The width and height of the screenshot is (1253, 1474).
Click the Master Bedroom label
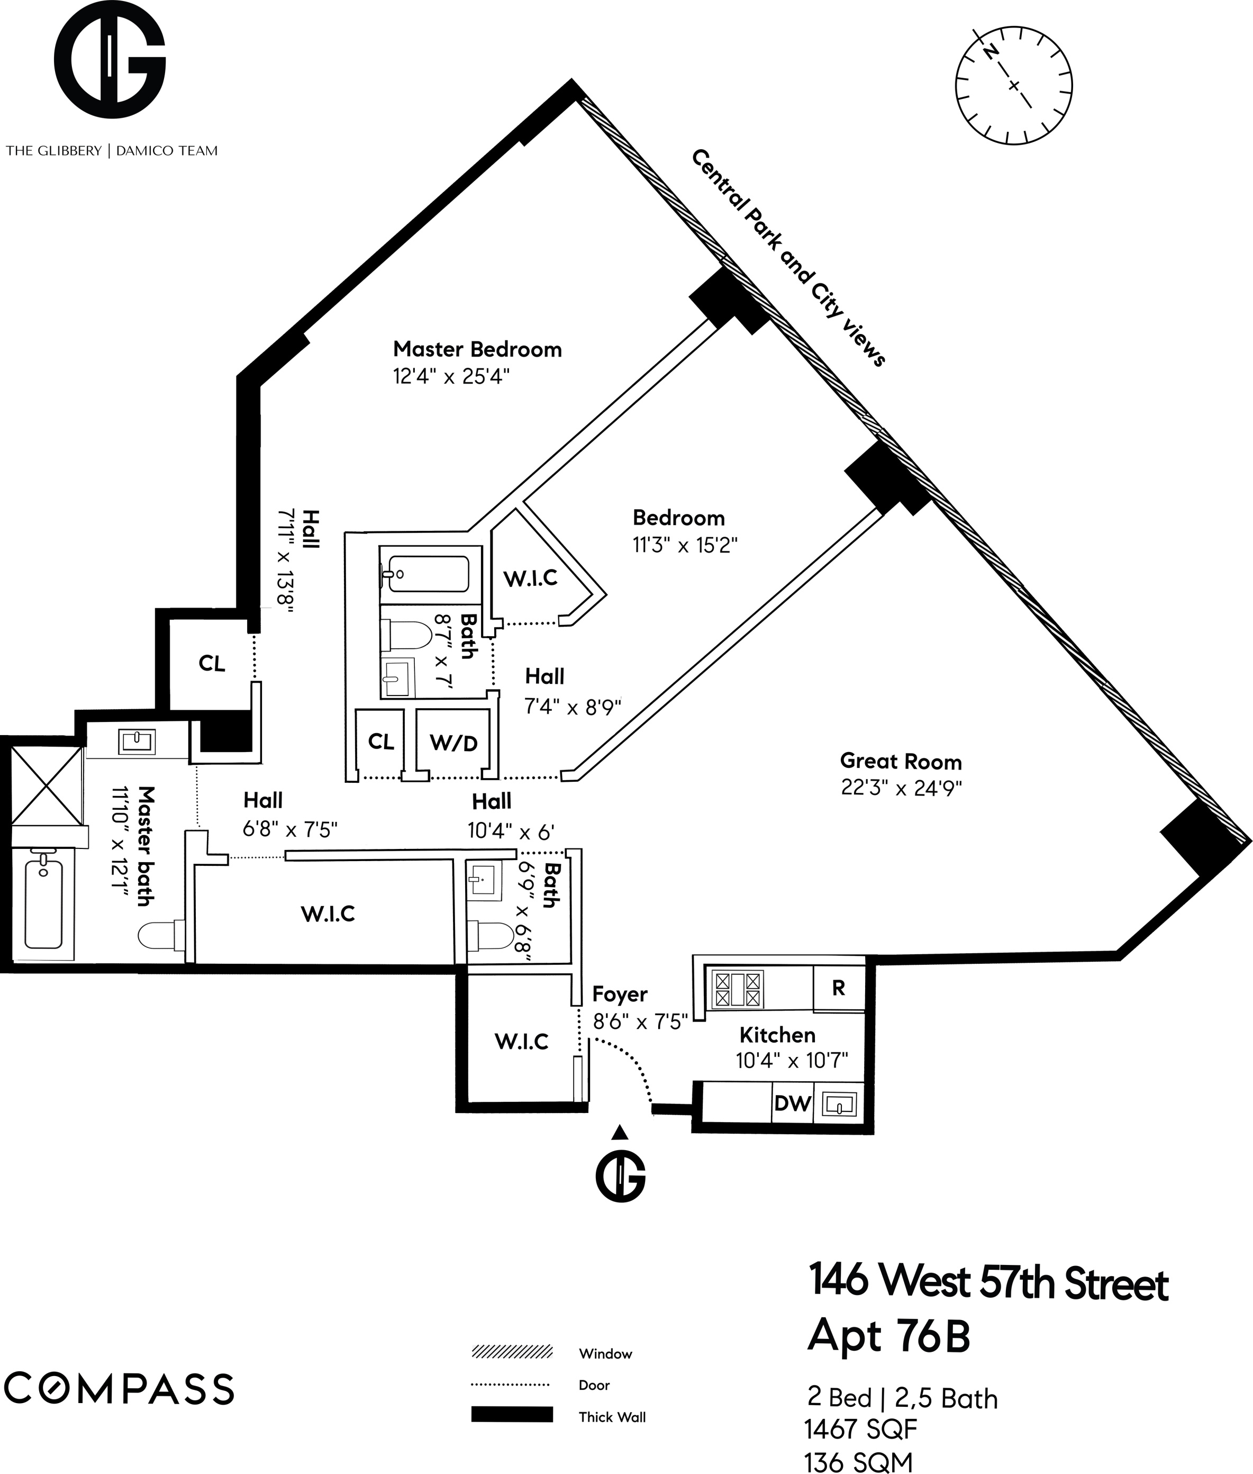[x=477, y=349]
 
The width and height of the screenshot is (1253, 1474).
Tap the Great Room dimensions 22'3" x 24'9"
[x=901, y=789]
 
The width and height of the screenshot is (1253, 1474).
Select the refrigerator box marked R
[x=838, y=988]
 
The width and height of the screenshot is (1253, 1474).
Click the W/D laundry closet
[x=454, y=743]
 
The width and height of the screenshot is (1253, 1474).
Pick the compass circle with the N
[x=1014, y=85]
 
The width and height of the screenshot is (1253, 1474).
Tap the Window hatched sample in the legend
[x=512, y=1352]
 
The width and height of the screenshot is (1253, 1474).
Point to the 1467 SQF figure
[x=860, y=1428]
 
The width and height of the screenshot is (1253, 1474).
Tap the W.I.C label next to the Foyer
[x=521, y=1042]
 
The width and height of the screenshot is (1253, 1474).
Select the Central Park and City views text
[x=788, y=258]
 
